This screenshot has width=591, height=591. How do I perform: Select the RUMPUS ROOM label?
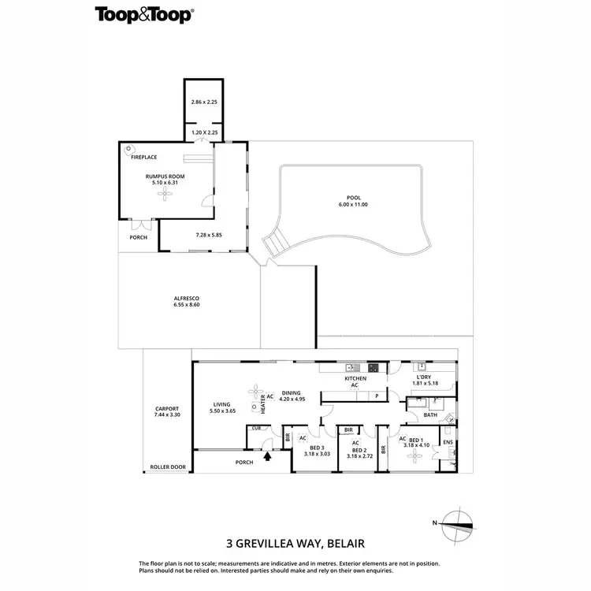165,177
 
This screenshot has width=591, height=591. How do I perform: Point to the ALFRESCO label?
185,298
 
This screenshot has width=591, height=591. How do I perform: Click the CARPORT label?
167,408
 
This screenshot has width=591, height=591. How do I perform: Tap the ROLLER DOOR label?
168,467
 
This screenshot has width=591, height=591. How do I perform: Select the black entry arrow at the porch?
268,455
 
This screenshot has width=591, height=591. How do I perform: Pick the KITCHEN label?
355,379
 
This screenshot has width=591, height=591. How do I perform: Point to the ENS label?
448,443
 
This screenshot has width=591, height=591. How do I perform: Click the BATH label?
430,414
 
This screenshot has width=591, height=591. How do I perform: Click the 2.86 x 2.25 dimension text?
203,102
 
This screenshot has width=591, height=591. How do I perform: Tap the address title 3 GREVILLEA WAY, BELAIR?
295,542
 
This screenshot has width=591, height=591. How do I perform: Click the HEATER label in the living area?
263,403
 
